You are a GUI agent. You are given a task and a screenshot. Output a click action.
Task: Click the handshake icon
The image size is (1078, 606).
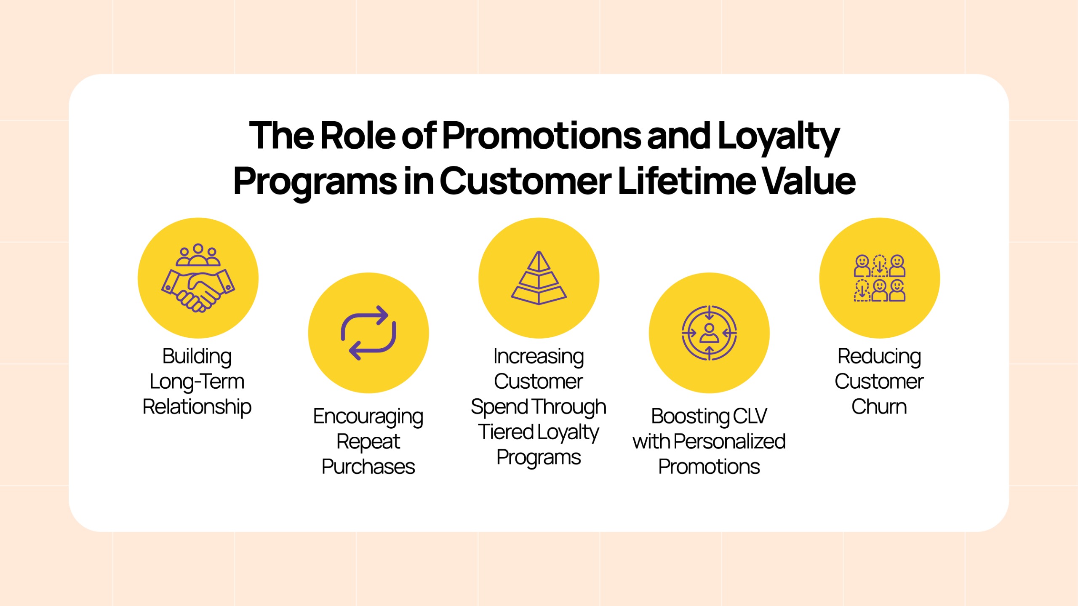click(x=198, y=278)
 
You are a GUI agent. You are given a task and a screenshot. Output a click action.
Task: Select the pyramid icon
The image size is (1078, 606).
click(x=539, y=278)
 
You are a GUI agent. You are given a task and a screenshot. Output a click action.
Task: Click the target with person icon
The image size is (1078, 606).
click(x=709, y=333)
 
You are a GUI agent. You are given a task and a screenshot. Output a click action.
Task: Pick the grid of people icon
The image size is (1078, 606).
click(x=879, y=278)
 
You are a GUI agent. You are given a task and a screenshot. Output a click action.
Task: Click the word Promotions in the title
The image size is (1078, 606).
click(x=542, y=136)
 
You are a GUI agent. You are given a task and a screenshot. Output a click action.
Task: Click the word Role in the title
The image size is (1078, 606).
click(x=358, y=136)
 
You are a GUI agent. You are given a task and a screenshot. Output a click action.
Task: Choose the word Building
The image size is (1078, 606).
click(x=197, y=357)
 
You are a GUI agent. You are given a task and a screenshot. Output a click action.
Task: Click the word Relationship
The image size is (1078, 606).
click(x=197, y=407)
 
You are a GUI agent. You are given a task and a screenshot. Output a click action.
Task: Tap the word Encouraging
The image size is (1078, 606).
click(x=368, y=417)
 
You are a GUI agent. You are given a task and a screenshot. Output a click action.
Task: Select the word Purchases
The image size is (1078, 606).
click(x=368, y=467)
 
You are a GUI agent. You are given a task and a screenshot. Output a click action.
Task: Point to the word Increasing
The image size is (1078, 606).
click(x=539, y=357)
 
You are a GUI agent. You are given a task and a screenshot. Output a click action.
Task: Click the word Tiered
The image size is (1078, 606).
click(x=506, y=432)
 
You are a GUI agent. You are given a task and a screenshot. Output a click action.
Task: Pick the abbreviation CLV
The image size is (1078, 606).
click(x=750, y=416)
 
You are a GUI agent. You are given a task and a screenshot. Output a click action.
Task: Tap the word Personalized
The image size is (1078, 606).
click(x=729, y=441)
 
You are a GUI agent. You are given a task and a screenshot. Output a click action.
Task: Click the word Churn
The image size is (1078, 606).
click(x=879, y=407)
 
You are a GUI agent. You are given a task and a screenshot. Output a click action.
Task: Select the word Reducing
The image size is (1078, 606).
click(x=879, y=357)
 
